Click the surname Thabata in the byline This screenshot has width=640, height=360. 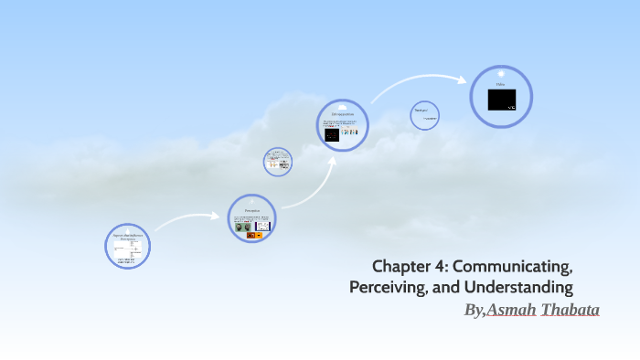571,311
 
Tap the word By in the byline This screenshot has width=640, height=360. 473,311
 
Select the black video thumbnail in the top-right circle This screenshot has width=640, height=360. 501,100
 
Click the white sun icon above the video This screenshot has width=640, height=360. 501,73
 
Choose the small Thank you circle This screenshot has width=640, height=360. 424,115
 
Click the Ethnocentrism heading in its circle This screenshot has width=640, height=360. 343,113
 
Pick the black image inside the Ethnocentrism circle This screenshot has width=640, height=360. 332,134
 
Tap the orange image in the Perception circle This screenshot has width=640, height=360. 259,235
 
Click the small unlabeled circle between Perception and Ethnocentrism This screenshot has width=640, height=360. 278,161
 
